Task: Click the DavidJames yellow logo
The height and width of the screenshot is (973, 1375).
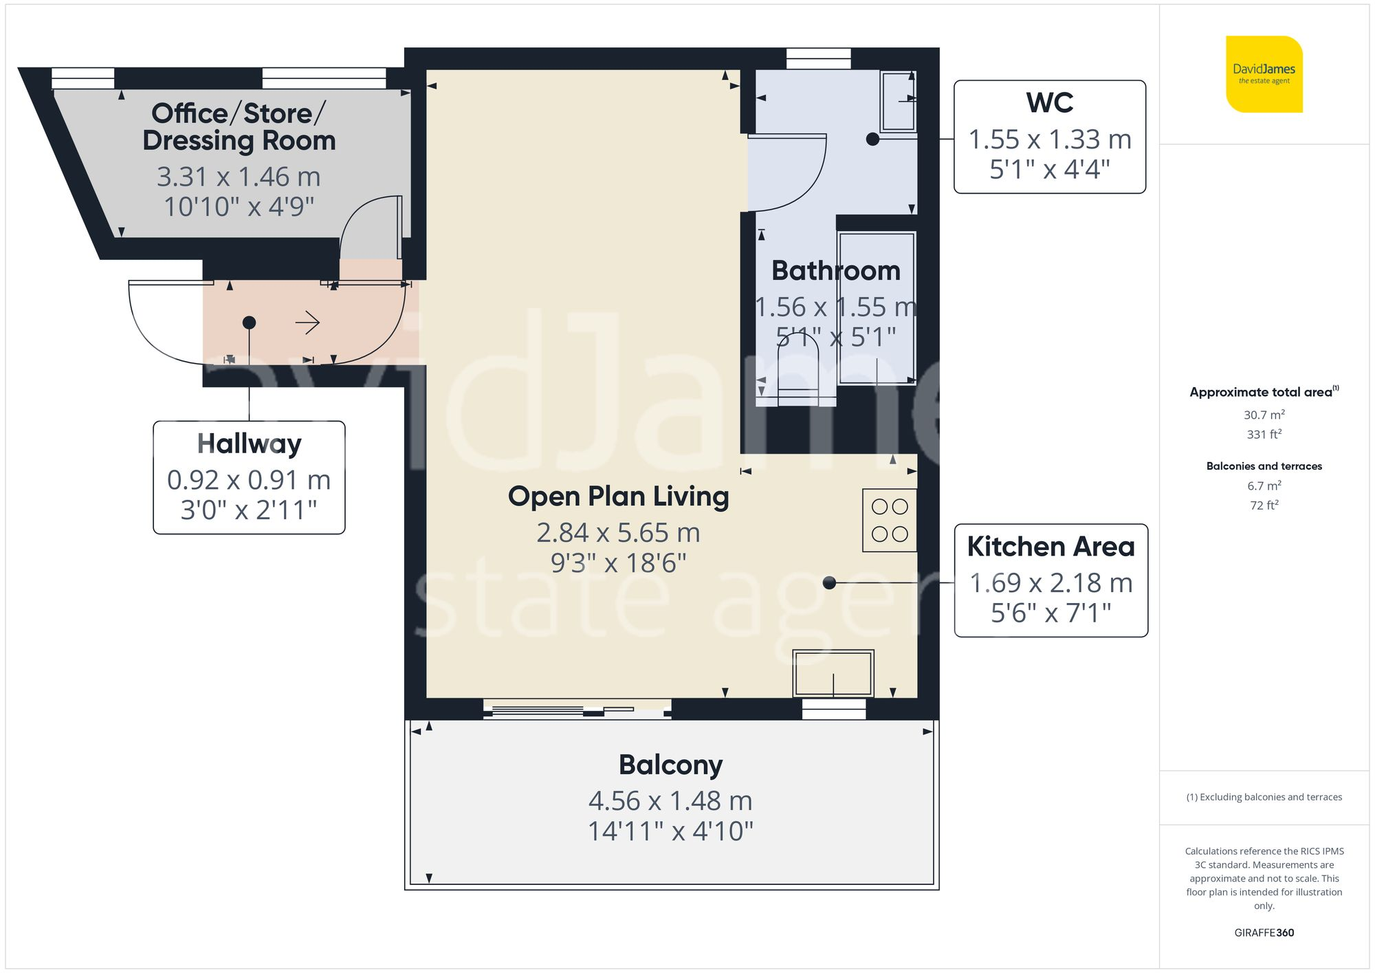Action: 1264,74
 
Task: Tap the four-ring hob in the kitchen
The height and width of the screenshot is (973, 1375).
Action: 890,521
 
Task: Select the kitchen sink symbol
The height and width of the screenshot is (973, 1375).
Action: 833,673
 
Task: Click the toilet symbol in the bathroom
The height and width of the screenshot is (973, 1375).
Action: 797,375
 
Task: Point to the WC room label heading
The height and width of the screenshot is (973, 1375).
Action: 1049,103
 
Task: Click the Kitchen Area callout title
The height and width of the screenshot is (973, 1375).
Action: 1050,547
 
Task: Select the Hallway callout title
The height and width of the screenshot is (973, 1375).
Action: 249,444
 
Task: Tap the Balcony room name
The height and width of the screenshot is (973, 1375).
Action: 670,765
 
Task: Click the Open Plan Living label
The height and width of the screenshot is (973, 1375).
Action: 618,496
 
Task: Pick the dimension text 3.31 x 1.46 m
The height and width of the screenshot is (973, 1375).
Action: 239,177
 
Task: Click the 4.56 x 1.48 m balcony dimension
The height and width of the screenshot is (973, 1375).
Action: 670,801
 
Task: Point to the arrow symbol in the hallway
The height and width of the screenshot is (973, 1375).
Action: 307,322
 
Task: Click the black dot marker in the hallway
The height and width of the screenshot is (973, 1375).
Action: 249,322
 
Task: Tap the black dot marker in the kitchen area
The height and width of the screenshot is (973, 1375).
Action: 829,582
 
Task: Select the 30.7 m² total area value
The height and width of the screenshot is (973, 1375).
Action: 1264,415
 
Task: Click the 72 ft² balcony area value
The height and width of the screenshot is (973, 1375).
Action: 1264,505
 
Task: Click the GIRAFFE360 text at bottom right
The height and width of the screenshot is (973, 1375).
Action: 1264,932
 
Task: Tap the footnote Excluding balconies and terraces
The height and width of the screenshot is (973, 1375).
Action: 1264,797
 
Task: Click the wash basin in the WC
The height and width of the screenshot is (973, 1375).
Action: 898,101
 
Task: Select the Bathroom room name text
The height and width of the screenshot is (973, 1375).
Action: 835,271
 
